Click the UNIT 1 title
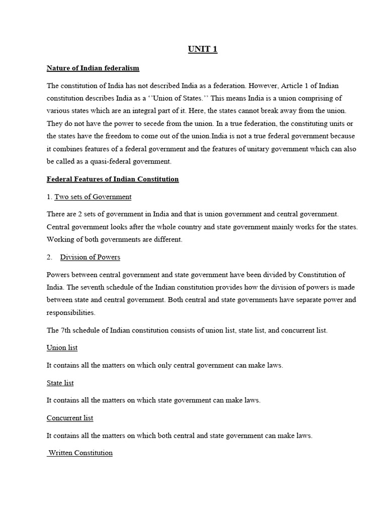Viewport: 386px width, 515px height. (203, 49)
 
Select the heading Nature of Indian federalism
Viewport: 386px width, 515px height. (93, 67)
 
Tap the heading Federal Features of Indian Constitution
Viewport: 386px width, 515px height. (113, 179)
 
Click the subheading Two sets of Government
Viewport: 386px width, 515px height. (96, 197)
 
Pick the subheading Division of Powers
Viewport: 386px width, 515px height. (90, 257)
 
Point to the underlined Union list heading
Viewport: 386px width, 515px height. (62, 348)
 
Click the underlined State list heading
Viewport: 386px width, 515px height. (60, 383)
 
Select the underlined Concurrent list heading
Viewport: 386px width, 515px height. (70, 418)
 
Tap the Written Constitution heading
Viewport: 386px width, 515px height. (80, 453)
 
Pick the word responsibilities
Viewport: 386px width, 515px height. (70, 312)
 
